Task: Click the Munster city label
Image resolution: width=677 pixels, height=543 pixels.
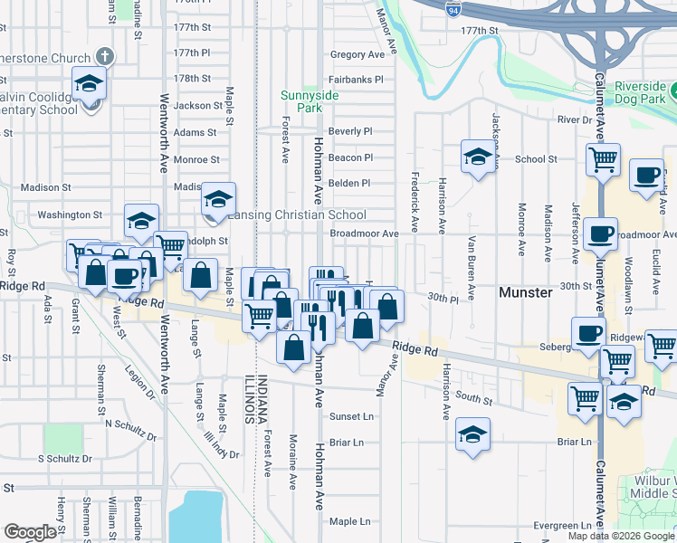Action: pyautogui.click(x=526, y=293)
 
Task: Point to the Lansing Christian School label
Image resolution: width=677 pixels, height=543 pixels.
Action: pyautogui.click(x=295, y=214)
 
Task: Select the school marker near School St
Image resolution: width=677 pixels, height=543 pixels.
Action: pyautogui.click(x=477, y=157)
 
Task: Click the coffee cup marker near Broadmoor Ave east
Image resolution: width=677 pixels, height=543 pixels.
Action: pyautogui.click(x=601, y=234)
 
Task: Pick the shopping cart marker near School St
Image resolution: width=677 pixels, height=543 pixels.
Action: pyautogui.click(x=603, y=160)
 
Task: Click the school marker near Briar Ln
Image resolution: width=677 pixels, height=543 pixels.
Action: pyautogui.click(x=472, y=434)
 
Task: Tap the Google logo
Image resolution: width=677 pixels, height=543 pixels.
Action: pyautogui.click(x=30, y=532)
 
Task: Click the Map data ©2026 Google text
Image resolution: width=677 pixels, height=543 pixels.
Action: pyautogui.click(x=621, y=536)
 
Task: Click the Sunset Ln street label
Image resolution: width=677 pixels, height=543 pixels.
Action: pyautogui.click(x=350, y=417)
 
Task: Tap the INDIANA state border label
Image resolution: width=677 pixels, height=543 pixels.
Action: pyautogui.click(x=261, y=397)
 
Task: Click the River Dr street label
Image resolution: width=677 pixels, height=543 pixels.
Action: pyautogui.click(x=574, y=119)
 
